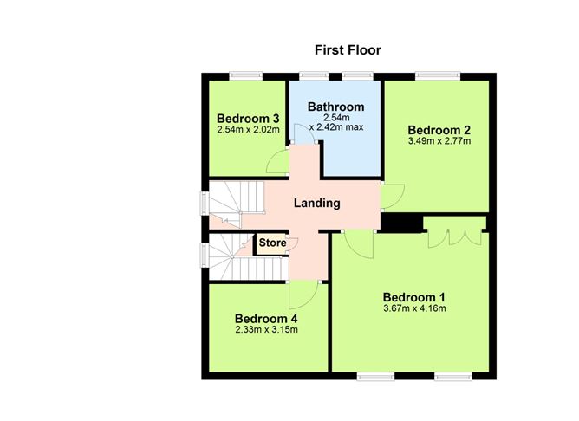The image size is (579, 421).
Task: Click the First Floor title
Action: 348,50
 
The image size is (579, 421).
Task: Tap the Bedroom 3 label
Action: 248,119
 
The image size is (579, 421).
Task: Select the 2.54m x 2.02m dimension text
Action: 248,130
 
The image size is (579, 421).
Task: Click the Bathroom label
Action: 335,107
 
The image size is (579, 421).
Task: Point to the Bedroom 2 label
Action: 439,130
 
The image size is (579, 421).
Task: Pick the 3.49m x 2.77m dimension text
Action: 439,140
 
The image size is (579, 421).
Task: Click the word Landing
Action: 317,204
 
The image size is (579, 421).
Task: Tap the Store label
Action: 272,243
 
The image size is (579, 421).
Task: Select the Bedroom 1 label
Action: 414,297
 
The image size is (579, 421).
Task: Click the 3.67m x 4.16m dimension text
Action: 414,308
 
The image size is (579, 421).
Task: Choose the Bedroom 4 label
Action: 266,319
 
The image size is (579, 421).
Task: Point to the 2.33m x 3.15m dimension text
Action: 266,329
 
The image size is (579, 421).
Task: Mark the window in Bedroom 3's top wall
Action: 245,76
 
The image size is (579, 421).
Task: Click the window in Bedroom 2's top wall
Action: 438,76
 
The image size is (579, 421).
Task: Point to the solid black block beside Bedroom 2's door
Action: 402,223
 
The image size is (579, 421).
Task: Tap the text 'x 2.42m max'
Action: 336,127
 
